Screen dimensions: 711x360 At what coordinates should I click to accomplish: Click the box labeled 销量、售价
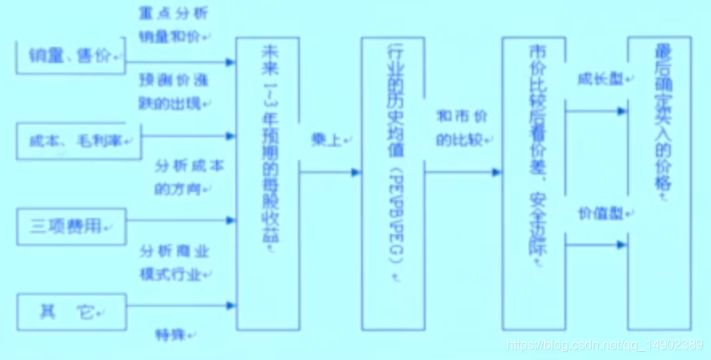[x=70, y=57]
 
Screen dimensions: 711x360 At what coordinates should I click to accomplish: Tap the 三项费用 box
[x=70, y=225]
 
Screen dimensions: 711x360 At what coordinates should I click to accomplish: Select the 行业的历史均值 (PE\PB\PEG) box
[x=393, y=182]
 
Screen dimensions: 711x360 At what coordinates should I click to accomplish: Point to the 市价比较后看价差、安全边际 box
[x=533, y=182]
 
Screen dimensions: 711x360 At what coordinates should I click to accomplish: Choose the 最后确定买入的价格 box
[x=659, y=182]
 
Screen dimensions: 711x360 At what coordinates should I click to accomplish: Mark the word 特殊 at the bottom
[x=172, y=333]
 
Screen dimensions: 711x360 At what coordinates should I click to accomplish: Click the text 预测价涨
[x=173, y=82]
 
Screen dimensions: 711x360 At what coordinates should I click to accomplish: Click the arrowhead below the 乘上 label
[x=354, y=172]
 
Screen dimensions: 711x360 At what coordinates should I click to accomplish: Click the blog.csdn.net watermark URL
[x=604, y=345]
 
